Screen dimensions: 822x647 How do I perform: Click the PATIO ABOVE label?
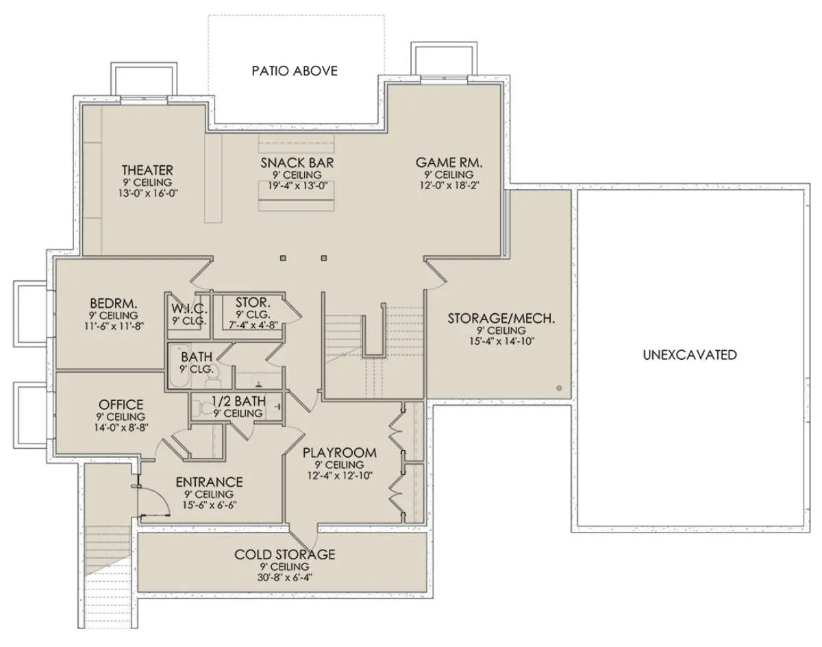coord(295,71)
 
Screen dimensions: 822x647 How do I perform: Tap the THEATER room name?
coord(147,170)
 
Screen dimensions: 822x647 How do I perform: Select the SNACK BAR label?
coord(297,163)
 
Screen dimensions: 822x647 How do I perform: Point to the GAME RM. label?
coord(449,163)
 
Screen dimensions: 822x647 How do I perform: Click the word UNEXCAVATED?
coord(690,355)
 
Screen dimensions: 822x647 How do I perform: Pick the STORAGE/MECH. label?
coord(501,318)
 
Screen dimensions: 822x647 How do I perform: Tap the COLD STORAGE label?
coord(285,554)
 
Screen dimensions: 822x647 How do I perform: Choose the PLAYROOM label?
coord(340,453)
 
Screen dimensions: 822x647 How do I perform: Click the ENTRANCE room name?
coord(210,483)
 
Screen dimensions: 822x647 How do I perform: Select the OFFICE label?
coord(121,404)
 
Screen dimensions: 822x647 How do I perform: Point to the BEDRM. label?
coord(114,304)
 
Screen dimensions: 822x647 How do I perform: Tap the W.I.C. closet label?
coord(189,308)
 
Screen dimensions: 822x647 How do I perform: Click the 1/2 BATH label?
coord(239,401)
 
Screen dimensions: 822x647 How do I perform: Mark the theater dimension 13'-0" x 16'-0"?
coord(148,193)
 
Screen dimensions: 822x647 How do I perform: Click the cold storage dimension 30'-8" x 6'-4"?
coord(284,578)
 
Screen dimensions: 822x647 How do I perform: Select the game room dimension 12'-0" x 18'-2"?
coord(449,186)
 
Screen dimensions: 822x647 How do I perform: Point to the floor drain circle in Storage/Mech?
coord(559,389)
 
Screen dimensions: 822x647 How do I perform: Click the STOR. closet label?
coord(253,303)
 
